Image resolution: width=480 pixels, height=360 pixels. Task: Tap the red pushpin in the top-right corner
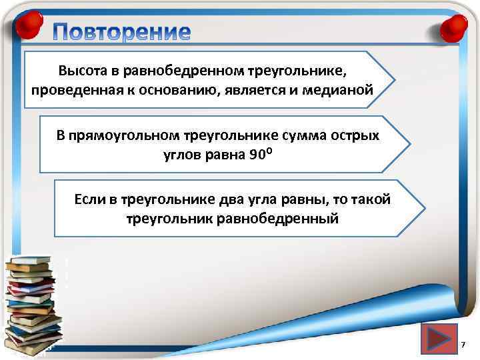454,27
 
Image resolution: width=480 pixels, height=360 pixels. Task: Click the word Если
89,199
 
